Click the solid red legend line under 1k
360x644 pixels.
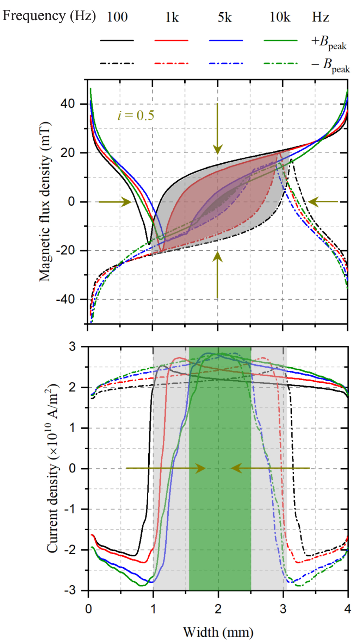tap(171, 40)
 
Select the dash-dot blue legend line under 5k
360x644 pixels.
tap(225, 63)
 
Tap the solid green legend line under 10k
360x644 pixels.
tap(280, 40)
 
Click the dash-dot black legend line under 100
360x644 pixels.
tap(117, 63)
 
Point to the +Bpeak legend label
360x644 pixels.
tap(329, 43)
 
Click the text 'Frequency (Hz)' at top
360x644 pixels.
tap(49, 16)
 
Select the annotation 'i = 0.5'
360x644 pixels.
tap(136, 115)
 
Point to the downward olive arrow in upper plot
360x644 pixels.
tap(217, 129)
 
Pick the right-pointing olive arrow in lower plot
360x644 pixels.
tap(166, 468)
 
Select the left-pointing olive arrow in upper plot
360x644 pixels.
tap(323, 202)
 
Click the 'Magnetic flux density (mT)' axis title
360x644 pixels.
tap(45, 201)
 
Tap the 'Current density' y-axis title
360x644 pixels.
tap(52, 468)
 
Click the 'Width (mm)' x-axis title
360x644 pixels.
tap(218, 632)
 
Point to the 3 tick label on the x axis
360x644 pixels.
tap(283, 609)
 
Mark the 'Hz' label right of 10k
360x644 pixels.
tap(320, 17)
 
